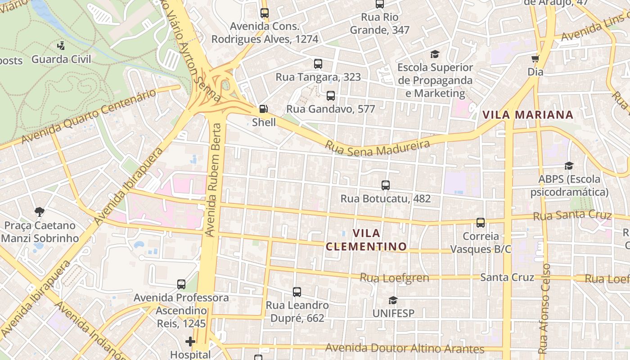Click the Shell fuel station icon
point(263,109)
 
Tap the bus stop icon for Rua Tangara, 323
point(318,64)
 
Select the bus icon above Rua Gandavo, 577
point(331,96)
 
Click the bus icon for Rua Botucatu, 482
point(386,185)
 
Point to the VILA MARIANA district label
point(528,115)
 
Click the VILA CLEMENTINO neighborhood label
point(366,240)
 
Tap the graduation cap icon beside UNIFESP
point(393,300)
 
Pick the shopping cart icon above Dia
point(535,59)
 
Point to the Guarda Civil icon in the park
point(61,45)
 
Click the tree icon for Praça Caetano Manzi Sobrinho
point(40,211)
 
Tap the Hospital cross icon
point(190,342)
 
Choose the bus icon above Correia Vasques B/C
point(481,223)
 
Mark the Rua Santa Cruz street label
point(572,216)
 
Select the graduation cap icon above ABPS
point(569,166)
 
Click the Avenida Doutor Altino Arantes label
point(405,348)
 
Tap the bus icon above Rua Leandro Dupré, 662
point(297,292)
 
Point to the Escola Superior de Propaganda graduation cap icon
point(435,54)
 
